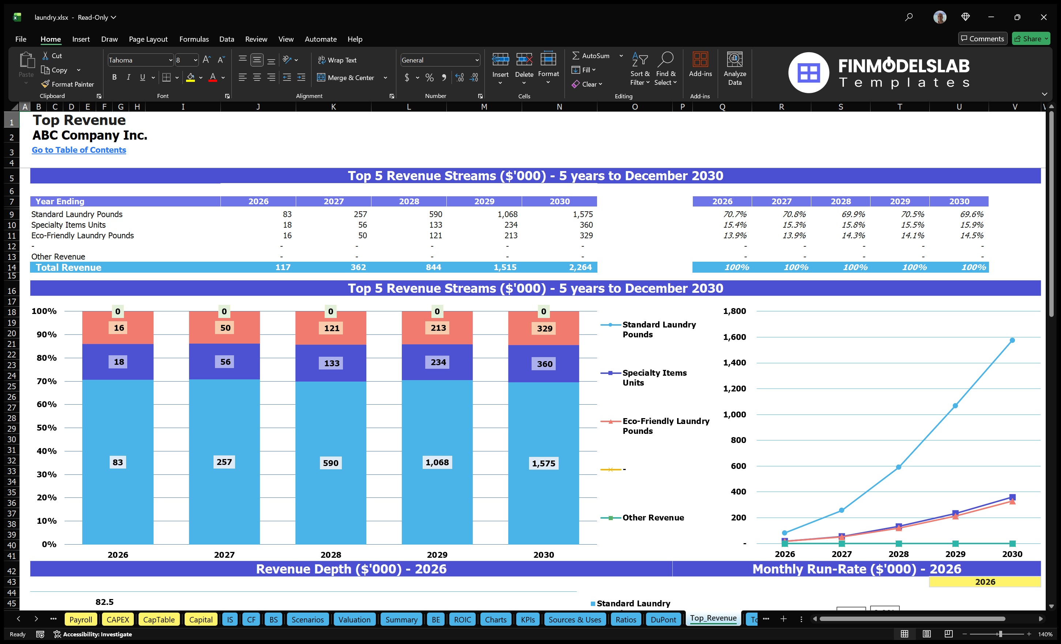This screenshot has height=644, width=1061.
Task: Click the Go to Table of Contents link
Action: coord(79,150)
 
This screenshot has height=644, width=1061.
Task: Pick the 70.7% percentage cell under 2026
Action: coord(735,214)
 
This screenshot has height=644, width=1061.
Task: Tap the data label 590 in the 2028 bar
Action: coord(331,463)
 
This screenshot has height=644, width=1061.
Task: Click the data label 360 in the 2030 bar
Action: coord(544,364)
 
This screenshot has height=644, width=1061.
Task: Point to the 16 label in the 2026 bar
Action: coord(119,327)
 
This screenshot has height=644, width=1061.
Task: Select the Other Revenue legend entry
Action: coord(653,518)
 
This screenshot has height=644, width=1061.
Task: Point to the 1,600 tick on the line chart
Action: coord(734,337)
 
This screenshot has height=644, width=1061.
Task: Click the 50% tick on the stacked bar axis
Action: coord(46,428)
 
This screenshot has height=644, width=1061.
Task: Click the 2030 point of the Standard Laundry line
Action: coord(1012,340)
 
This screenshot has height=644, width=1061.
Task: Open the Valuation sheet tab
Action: coord(354,620)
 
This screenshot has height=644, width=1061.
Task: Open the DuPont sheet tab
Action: coord(663,620)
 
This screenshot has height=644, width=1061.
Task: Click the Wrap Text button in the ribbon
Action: coord(337,60)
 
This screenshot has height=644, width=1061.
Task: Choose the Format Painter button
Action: coord(68,84)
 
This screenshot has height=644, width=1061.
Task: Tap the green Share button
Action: coord(1030,39)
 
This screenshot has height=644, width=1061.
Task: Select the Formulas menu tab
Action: coord(194,39)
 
